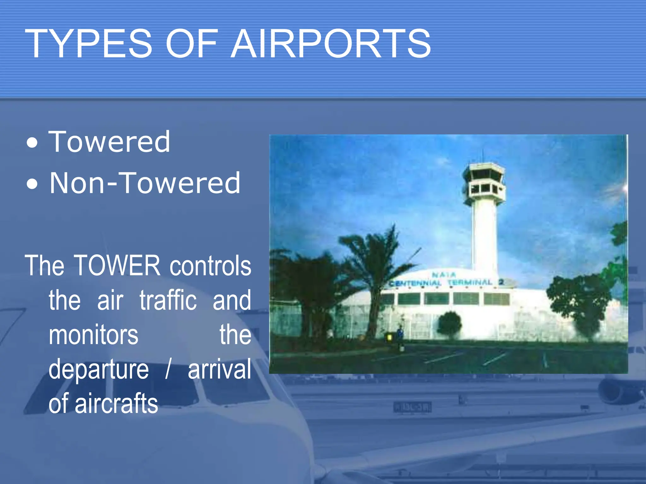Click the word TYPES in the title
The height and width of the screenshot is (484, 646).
(x=89, y=43)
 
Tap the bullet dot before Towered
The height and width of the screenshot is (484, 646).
(x=32, y=143)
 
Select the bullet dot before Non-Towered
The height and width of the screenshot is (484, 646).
(x=32, y=184)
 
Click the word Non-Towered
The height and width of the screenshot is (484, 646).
(x=145, y=183)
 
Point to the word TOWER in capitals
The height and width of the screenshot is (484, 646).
(x=117, y=266)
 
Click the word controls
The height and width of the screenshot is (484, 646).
(x=210, y=266)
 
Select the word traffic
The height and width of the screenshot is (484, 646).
(x=168, y=300)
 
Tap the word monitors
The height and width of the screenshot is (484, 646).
(x=93, y=335)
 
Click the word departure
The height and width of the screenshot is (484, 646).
(x=98, y=370)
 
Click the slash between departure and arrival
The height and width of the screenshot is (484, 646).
(x=168, y=370)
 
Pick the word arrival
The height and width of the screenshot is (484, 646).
(x=220, y=369)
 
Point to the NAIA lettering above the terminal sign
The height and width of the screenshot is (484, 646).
(x=443, y=274)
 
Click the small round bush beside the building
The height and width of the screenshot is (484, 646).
(x=450, y=325)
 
